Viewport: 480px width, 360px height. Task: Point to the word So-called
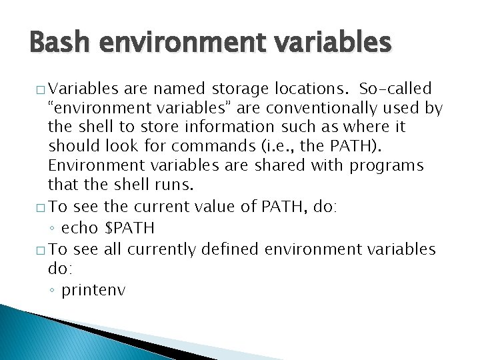[395, 88]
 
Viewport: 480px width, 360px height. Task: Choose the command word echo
[80, 229]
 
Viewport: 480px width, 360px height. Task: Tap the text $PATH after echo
[130, 229]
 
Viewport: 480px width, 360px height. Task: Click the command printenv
[93, 291]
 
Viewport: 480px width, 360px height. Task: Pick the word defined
[229, 249]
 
